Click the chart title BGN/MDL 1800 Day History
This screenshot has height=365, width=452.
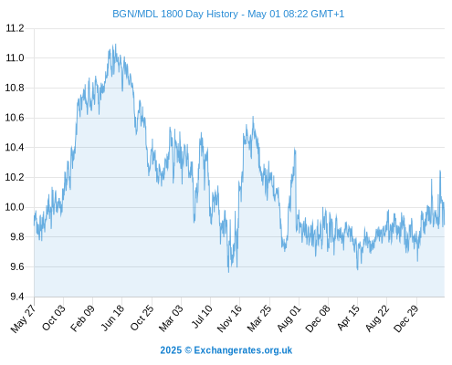click(x=175, y=14)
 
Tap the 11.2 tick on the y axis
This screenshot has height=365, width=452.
click(x=15, y=28)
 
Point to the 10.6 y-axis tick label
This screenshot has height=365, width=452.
click(x=15, y=118)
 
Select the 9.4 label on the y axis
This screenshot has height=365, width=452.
click(x=17, y=297)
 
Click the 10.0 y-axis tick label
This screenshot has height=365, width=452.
click(x=15, y=207)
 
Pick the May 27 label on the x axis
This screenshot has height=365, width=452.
click(x=24, y=318)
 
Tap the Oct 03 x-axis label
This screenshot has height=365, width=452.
click(x=54, y=318)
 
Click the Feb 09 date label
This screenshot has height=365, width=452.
click(x=82, y=318)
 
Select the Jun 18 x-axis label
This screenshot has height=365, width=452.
click(x=112, y=318)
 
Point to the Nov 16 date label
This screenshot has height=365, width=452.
click(x=229, y=318)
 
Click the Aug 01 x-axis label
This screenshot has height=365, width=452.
click(x=289, y=318)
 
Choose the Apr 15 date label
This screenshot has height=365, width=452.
click(x=348, y=318)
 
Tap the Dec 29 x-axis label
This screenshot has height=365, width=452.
click(x=406, y=318)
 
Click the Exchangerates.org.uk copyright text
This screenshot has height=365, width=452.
click(x=226, y=350)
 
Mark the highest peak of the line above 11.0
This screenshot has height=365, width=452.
click(x=115, y=44)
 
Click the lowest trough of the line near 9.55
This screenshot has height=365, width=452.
click(x=228, y=272)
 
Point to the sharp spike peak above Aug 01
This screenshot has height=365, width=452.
click(x=294, y=148)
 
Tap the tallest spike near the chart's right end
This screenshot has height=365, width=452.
click(x=440, y=171)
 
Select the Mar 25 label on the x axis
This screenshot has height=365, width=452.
click(x=259, y=318)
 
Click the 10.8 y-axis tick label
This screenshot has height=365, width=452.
click(x=15, y=88)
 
